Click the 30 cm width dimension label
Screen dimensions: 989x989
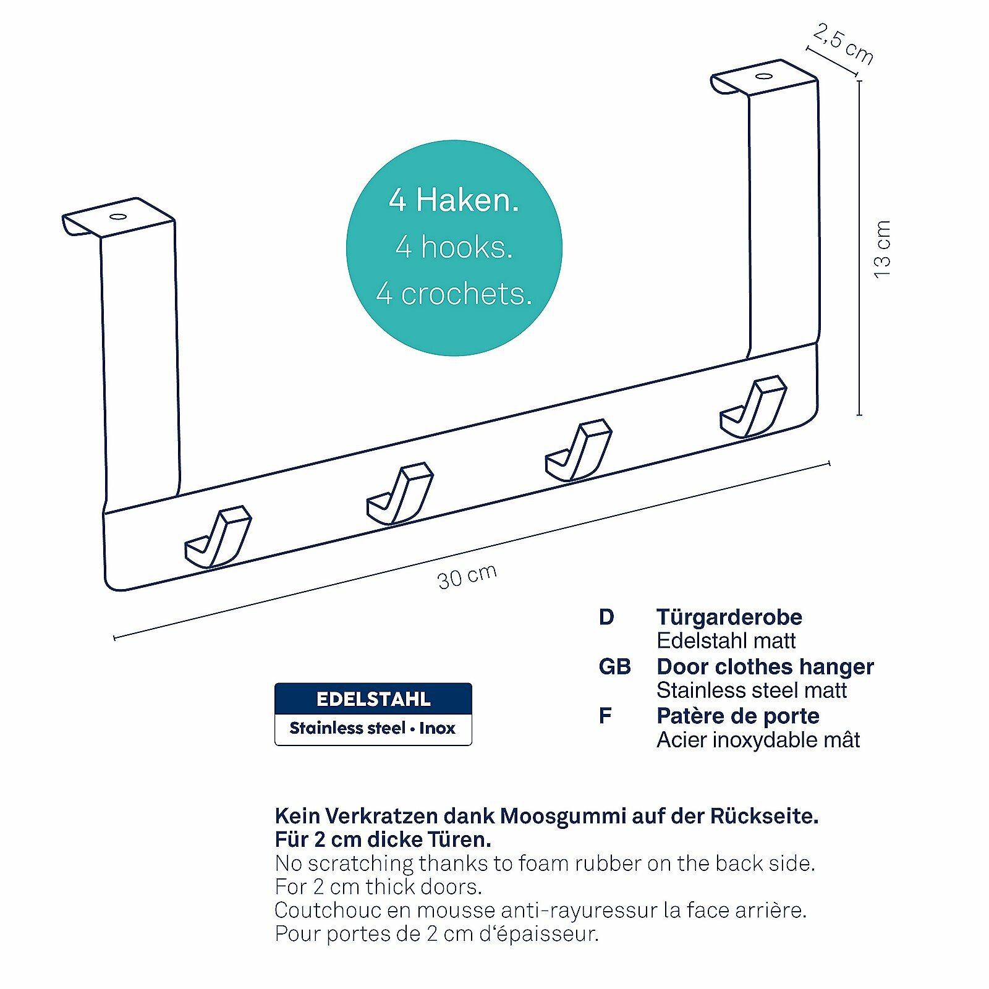467,577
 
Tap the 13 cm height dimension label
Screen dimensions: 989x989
883,249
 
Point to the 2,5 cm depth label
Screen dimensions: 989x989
843,43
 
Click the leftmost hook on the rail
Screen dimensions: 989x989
218,537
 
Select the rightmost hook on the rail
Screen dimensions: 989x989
753,407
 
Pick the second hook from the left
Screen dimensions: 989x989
400,494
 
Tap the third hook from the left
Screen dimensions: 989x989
579,451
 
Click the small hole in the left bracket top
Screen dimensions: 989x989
118,217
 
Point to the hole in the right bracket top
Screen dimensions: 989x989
765,77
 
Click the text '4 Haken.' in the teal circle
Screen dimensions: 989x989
454,200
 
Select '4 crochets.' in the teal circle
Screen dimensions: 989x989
454,294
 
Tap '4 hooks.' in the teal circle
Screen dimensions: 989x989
454,247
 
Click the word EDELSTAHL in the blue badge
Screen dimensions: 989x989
373,699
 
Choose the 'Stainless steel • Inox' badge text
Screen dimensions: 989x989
372,728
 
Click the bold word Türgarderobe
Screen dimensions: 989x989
729,617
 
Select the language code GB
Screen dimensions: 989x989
614,666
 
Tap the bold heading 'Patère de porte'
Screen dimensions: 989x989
738,716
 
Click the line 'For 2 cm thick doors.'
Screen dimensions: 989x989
378,886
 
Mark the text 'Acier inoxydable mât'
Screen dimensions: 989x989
758,740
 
